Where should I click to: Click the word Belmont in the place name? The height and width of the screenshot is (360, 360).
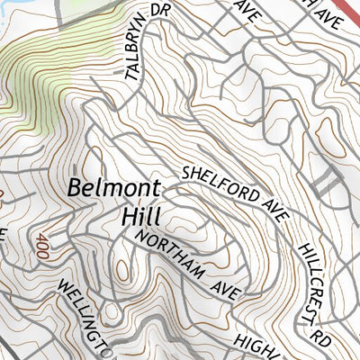(x=113, y=190)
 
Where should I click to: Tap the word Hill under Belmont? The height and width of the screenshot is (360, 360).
(x=140, y=217)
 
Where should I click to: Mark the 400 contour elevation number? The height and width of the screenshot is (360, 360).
(x=41, y=246)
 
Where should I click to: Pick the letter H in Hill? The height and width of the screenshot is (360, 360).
(x=127, y=217)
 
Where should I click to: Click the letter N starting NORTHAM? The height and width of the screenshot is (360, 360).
(x=142, y=238)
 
